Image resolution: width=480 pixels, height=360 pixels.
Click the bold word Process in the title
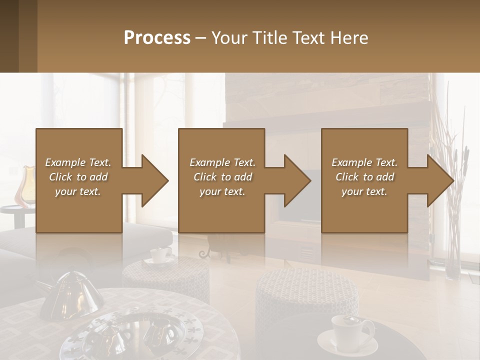coord(157,38)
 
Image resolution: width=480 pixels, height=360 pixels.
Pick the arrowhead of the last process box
coord(440,180)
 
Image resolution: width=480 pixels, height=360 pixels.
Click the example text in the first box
coord(78,177)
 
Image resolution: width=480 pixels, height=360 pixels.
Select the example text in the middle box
coord(222,177)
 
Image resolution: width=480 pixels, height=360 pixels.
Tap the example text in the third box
coord(364,177)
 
